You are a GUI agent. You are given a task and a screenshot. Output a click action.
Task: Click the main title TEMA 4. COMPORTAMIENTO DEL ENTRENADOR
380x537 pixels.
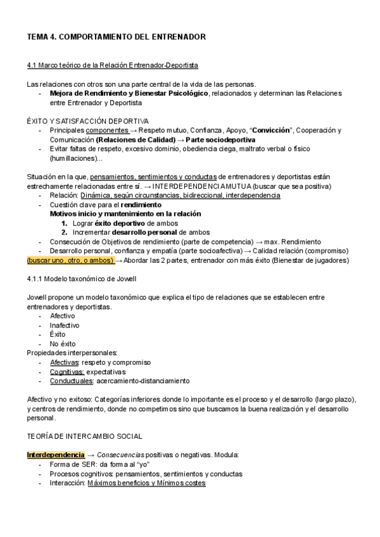116,38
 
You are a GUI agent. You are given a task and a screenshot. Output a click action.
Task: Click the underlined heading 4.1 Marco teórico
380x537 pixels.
112,65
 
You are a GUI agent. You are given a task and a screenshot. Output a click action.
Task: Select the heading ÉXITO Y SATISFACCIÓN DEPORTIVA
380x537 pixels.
88,120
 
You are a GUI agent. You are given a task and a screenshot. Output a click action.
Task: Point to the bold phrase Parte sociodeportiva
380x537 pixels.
221,140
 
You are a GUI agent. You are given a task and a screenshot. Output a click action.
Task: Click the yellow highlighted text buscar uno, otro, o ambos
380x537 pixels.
70,260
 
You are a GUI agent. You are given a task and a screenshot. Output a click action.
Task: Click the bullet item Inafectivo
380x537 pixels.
63,325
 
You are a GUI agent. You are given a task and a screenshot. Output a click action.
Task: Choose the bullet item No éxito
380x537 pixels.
63,344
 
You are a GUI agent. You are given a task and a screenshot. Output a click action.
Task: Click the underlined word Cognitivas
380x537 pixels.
66,372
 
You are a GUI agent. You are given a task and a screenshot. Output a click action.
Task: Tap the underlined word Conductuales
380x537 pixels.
70,381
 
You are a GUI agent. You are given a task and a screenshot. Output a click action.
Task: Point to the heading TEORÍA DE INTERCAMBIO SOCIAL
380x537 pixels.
84,436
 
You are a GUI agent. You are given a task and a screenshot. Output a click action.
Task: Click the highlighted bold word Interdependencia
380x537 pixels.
55,455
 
